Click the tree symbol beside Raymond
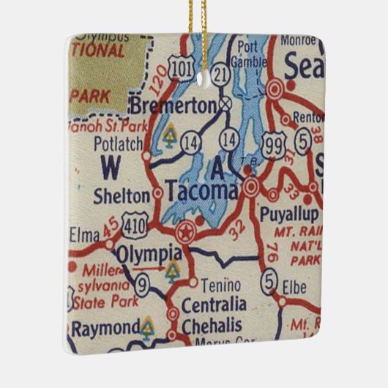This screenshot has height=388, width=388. pyautogui.click(x=148, y=327)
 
